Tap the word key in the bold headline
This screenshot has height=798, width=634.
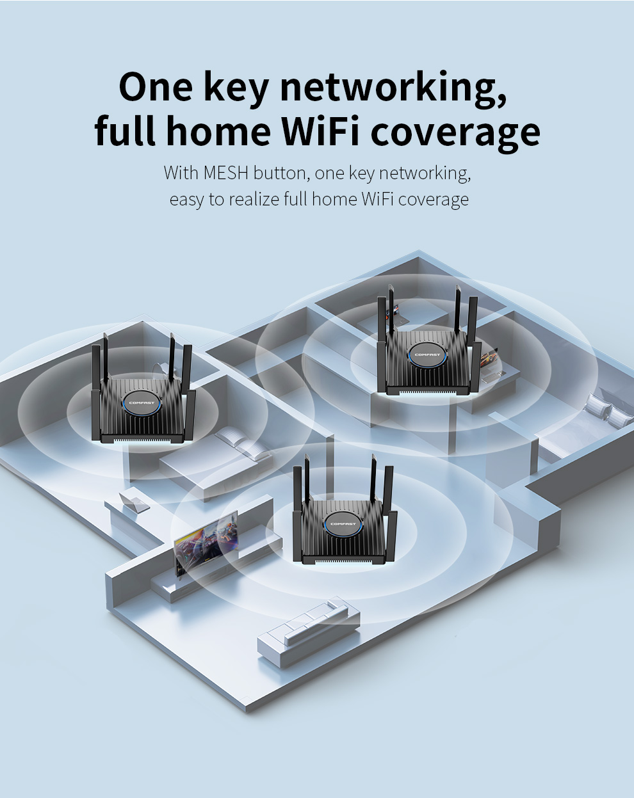pos(236,88)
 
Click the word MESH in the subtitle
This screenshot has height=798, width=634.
pos(225,173)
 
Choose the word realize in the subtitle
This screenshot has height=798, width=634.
pos(254,200)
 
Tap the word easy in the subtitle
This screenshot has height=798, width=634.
pos(186,200)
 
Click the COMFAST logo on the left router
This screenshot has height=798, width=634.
pos(142,403)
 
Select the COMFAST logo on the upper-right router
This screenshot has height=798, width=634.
pos(427,354)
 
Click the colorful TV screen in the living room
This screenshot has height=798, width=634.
pos(206,539)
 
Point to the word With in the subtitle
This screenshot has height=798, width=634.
pos(181,173)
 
